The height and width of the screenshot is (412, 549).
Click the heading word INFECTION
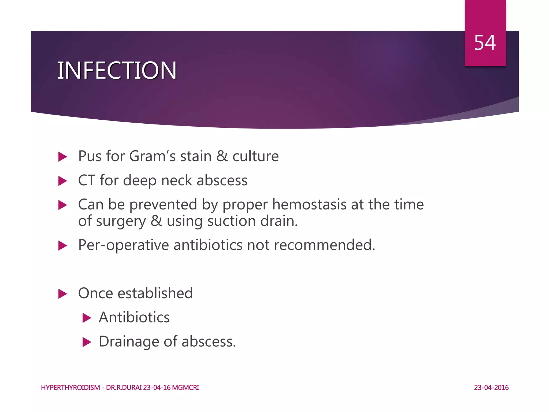117,71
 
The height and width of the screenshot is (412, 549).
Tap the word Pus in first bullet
90,156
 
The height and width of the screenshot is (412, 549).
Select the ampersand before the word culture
222,156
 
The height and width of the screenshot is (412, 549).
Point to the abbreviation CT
87,181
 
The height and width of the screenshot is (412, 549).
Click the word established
155,293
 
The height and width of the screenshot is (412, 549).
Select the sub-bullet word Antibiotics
134,318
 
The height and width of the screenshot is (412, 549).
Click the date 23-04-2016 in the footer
491,388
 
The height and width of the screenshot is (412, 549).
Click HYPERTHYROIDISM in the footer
71,388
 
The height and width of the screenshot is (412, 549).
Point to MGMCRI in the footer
186,388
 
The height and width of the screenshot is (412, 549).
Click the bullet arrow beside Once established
62,294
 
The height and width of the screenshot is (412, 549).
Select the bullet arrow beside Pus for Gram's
62,157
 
